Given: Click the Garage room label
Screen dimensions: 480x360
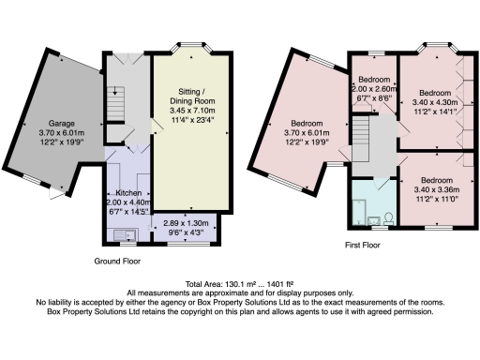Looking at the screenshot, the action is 61,124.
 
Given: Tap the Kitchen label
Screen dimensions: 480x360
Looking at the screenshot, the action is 128,193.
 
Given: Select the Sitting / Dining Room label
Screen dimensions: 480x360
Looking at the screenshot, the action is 192,97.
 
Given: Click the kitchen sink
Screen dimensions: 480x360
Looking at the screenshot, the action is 126,235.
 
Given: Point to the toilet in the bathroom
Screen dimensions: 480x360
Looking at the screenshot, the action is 389,218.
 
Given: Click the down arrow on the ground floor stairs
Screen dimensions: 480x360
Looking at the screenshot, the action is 115,91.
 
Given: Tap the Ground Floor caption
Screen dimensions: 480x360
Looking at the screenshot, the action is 117,261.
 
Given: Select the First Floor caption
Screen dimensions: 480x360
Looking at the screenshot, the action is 363,245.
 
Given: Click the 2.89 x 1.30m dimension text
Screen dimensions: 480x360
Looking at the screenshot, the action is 186,223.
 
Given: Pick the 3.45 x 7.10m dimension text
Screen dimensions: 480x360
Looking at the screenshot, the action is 192,111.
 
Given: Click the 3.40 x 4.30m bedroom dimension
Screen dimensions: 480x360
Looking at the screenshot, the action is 435,102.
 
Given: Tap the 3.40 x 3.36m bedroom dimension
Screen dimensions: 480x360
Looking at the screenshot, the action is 437,189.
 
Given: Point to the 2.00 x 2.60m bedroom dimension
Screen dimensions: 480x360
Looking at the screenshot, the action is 374,89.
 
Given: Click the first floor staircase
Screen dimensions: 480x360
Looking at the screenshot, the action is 361,139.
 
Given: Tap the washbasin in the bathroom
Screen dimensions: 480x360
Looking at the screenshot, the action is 374,220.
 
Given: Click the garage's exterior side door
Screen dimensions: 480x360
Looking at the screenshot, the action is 56,194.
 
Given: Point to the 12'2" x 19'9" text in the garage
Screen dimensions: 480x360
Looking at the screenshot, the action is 62,142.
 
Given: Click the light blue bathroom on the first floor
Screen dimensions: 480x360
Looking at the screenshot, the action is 374,202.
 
